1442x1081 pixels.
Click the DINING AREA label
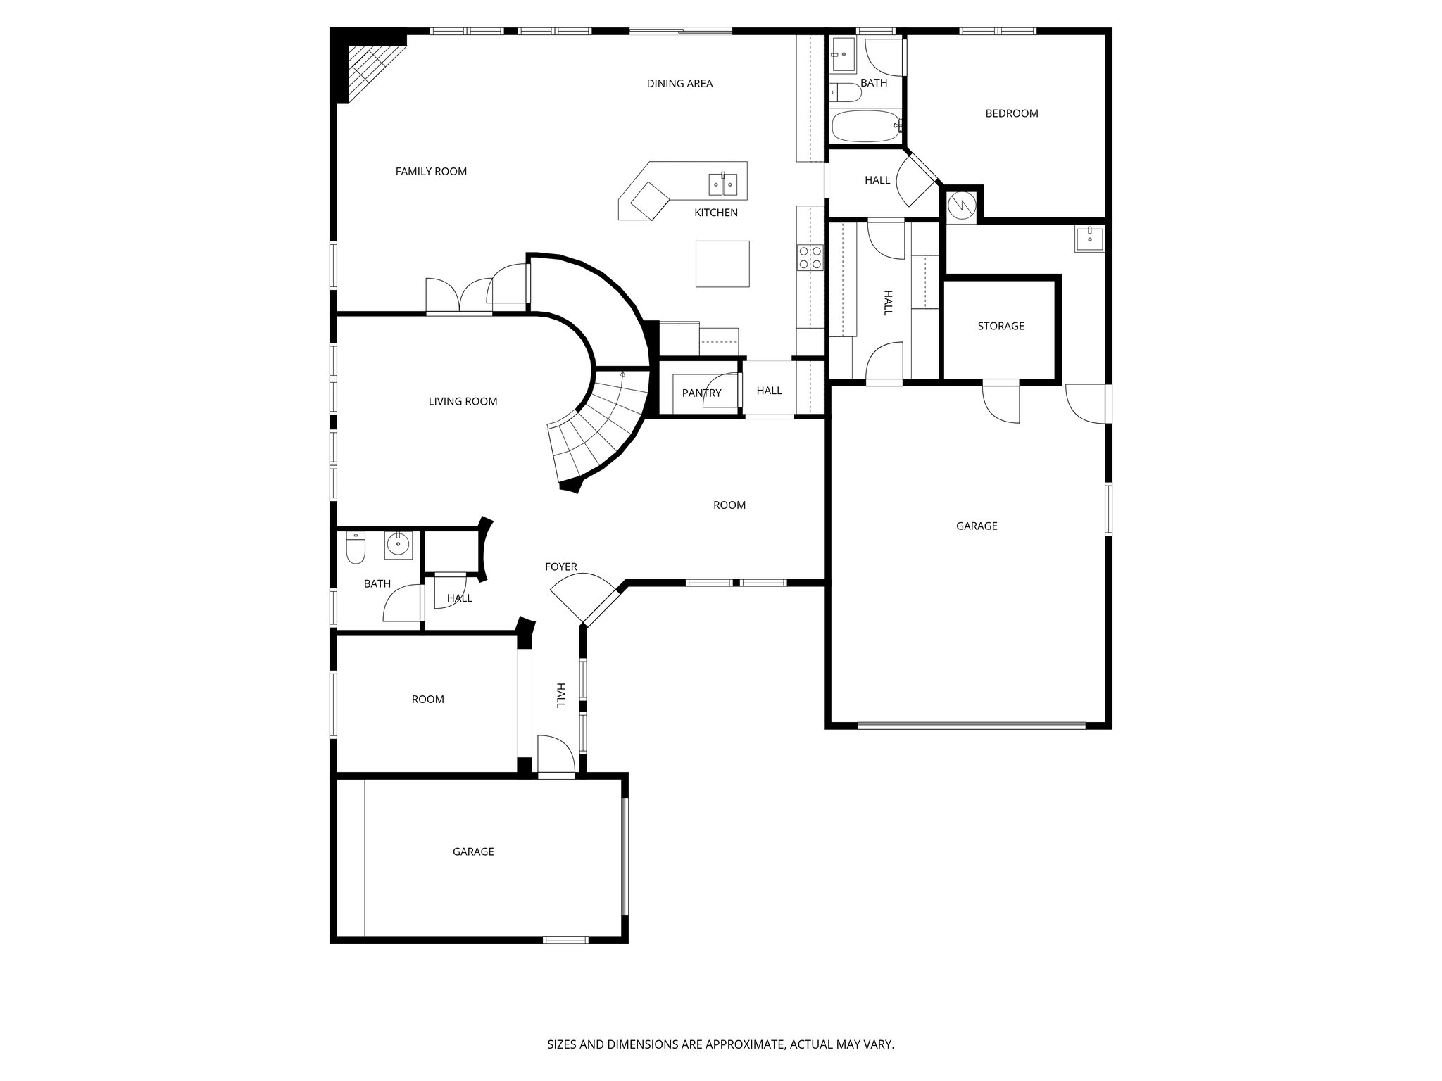tap(679, 84)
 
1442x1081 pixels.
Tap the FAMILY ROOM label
tap(431, 171)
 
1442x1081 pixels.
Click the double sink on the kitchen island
tap(723, 184)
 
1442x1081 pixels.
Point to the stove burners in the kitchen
tap(810, 258)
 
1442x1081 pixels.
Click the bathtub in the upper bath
tap(865, 127)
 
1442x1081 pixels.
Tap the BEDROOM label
tap(1011, 113)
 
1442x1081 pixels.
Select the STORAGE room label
tap(1001, 326)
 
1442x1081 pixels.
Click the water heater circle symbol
tap(961, 205)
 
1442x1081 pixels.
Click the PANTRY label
tap(701, 393)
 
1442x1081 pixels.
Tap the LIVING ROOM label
tap(463, 401)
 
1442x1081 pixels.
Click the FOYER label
tap(560, 567)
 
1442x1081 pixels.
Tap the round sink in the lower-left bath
tap(399, 544)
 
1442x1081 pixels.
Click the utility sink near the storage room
tap(1089, 239)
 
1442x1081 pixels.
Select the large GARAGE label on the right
tap(977, 526)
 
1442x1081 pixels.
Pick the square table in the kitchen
tap(722, 264)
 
